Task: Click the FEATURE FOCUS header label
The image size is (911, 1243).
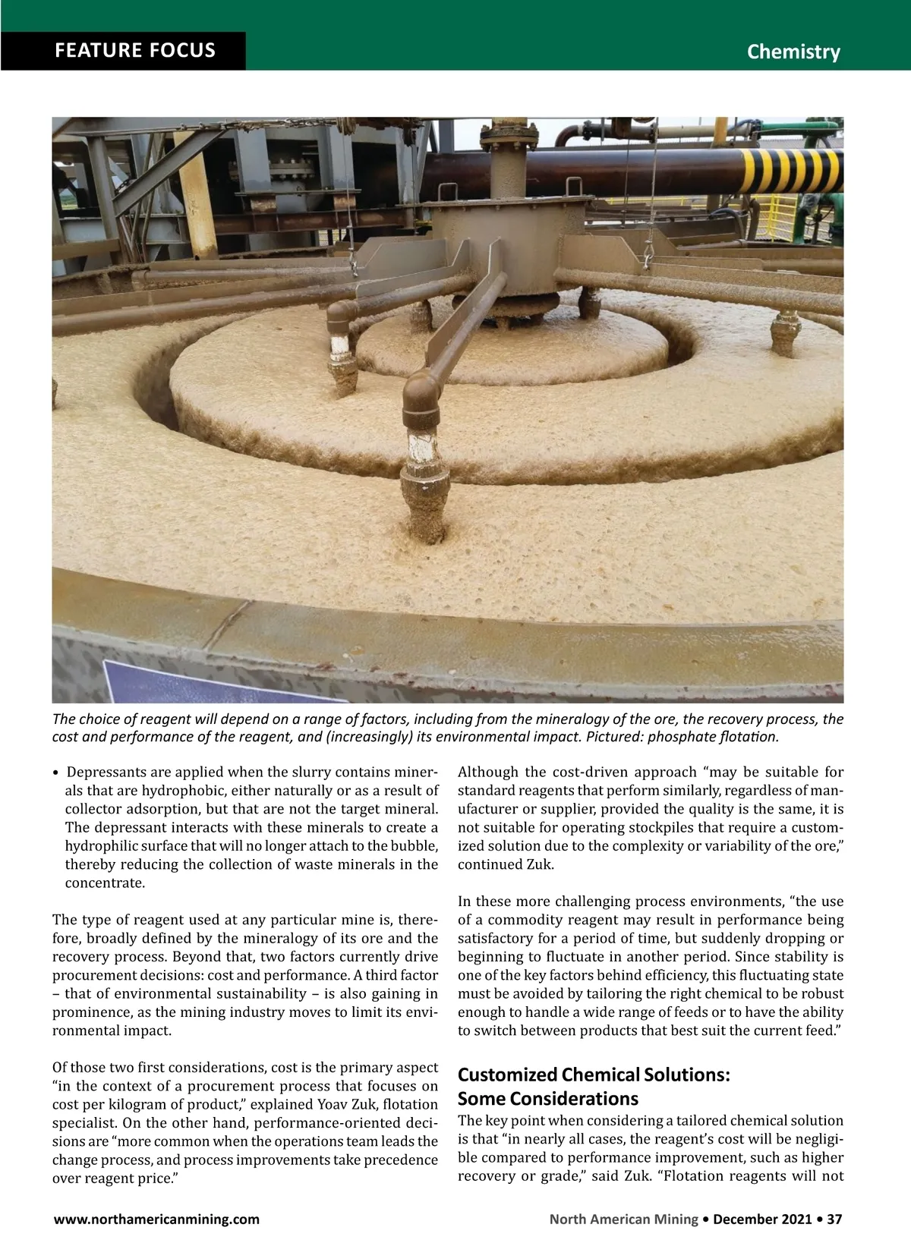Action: click(x=135, y=51)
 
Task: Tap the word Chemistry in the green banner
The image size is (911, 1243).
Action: click(x=793, y=52)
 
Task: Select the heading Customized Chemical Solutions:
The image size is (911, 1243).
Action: click(x=594, y=1075)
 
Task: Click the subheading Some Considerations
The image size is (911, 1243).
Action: click(x=547, y=1098)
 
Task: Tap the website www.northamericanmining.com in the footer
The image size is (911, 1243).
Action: click(x=156, y=1219)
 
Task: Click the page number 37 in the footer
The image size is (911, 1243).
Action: click(x=834, y=1219)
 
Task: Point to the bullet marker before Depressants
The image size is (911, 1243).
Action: click(x=56, y=773)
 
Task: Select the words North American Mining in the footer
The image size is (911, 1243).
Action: click(x=623, y=1219)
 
